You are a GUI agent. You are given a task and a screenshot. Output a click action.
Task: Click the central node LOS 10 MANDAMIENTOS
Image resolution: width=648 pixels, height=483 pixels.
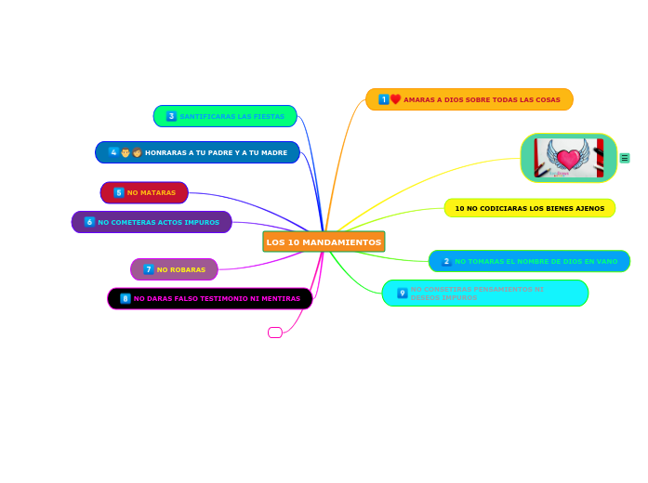tap(324, 241)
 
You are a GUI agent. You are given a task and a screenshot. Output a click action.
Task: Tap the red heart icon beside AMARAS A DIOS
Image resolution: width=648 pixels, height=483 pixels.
tap(395, 99)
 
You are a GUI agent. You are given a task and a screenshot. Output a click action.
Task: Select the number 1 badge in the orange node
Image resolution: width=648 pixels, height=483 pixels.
tap(383, 99)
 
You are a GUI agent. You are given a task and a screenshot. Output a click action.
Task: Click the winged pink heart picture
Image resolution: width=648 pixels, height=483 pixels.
tap(569, 158)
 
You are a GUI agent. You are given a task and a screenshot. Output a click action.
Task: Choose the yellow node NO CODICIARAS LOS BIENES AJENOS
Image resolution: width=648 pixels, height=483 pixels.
tap(529, 208)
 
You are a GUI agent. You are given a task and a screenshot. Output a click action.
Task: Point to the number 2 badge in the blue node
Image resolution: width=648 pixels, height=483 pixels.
tap(446, 262)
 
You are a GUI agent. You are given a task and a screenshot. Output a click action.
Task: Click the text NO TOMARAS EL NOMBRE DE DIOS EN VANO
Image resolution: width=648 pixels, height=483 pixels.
tap(536, 262)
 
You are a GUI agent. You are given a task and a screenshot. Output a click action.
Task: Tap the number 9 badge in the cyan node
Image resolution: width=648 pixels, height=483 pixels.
tap(403, 294)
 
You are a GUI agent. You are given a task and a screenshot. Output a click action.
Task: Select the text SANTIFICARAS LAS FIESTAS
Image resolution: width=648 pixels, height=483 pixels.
tap(232, 116)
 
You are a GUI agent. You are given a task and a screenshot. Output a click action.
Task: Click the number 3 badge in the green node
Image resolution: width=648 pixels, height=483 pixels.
tap(171, 116)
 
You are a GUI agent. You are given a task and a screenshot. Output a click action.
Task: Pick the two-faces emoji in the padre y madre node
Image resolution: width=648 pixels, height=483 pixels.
tap(131, 152)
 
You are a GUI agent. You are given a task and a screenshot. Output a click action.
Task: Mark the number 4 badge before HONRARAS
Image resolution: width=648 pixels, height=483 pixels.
tap(113, 152)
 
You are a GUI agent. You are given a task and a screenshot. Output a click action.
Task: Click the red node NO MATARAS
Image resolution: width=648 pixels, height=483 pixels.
tap(144, 192)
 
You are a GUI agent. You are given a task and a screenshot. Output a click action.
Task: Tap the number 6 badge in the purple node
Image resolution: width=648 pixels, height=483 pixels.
tap(89, 222)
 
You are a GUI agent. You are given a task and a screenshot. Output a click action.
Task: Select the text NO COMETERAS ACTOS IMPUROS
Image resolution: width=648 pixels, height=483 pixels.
tap(159, 222)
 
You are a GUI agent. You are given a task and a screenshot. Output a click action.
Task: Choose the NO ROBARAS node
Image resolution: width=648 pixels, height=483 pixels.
tap(174, 269)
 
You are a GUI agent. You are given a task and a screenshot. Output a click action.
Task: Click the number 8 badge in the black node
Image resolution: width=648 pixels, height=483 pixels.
tap(126, 298)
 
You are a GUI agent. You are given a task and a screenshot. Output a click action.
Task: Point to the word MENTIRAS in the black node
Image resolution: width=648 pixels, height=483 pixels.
tap(280, 298)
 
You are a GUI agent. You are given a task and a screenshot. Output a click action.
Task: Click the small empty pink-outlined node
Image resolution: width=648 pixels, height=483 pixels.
tap(274, 333)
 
